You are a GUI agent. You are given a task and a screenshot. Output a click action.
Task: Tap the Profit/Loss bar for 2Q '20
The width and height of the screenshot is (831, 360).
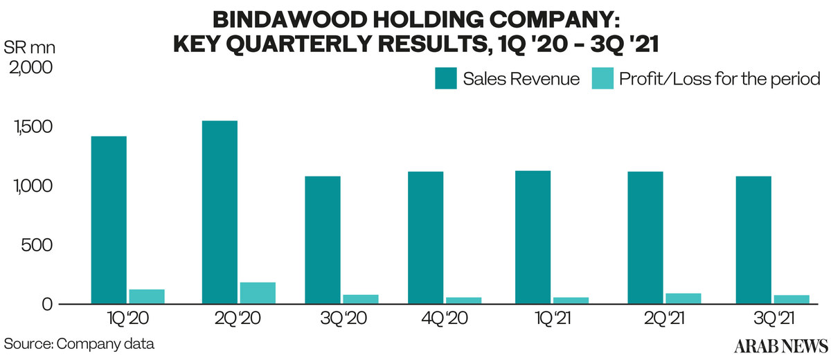[258, 293]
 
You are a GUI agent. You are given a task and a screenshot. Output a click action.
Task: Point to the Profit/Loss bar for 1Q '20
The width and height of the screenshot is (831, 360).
[146, 296]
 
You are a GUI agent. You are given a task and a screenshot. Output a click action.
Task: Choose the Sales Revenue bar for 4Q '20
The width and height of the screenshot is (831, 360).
[425, 237]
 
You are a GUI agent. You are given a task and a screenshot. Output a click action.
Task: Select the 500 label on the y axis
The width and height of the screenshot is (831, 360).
[36, 246]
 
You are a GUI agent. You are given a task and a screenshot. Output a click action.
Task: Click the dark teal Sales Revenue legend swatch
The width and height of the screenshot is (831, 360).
[445, 79]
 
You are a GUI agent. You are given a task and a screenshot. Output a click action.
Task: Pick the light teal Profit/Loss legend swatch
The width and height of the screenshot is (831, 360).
[602, 79]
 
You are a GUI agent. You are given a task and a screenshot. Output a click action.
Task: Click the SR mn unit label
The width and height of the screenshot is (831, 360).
[30, 48]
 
